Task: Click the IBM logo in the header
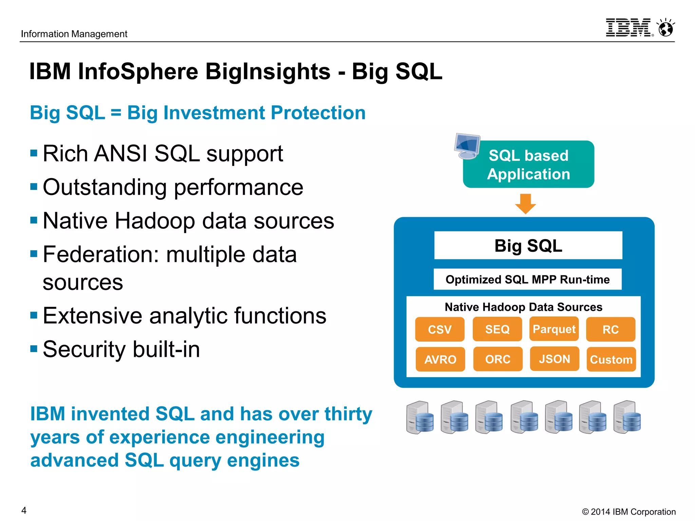coord(629,28)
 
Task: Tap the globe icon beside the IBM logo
coord(666,28)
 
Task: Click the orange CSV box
coord(439,329)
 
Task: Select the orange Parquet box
coord(554,329)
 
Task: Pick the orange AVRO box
coord(440,359)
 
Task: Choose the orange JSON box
coord(555,359)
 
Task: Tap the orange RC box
coord(611,329)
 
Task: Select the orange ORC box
coord(497,359)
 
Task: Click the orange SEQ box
coord(497,329)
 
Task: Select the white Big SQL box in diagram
coord(528,246)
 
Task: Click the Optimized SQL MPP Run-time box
coord(527,279)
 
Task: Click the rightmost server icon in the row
coord(627,418)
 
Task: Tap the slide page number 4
coord(24,510)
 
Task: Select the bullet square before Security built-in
coord(34,349)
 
